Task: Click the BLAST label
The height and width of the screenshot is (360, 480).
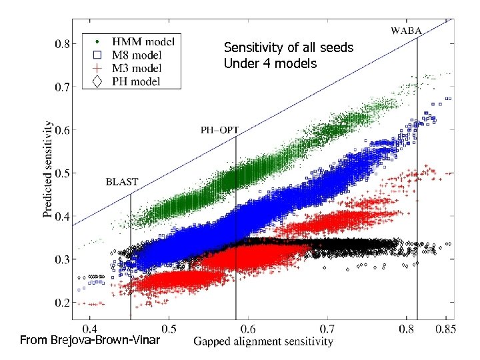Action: pos(122,181)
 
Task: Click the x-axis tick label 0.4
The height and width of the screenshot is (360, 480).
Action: pos(90,329)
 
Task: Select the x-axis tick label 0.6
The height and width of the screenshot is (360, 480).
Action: pos(248,329)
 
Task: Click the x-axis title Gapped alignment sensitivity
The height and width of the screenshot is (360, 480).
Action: pos(263,342)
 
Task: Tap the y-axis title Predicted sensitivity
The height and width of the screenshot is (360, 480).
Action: pos(47,169)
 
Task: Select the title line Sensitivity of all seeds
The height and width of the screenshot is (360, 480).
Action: pos(288,48)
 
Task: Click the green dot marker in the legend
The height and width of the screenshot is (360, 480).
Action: pos(98,41)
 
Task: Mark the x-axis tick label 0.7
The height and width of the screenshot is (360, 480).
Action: pos(327,329)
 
